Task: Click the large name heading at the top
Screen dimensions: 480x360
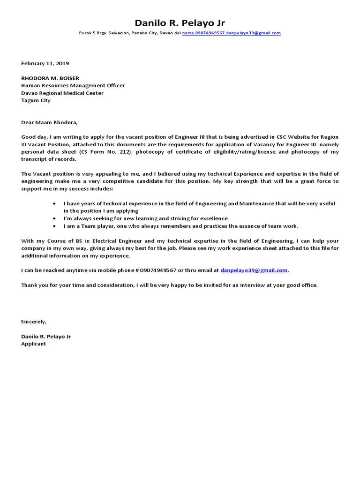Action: (180, 23)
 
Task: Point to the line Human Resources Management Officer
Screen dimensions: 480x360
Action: (73, 86)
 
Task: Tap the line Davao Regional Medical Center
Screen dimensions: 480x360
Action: (62, 93)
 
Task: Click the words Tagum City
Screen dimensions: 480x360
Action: (36, 100)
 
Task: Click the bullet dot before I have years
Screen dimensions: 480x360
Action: (56, 204)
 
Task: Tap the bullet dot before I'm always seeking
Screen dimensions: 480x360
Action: (56, 218)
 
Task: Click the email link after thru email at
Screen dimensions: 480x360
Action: (254, 270)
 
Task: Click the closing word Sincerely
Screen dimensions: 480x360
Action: (34, 322)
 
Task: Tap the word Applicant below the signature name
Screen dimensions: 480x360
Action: (34, 344)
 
